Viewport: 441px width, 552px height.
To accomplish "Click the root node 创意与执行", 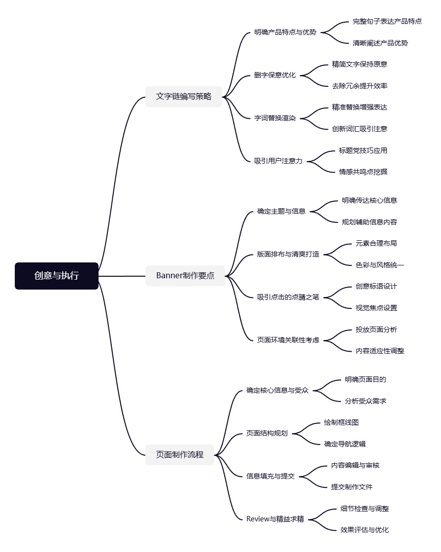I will tap(56, 276).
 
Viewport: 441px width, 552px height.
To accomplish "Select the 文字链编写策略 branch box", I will tap(183, 97).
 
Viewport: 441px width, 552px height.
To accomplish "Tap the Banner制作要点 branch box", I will tap(185, 276).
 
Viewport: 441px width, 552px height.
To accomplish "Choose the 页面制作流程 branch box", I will tap(180, 455).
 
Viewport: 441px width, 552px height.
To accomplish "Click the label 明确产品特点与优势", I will tap(285, 33).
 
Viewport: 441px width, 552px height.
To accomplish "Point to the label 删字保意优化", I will tap(275, 75).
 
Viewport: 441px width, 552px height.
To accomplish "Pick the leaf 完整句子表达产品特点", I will tap(387, 22).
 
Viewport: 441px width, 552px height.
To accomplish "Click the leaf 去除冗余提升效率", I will tap(360, 86).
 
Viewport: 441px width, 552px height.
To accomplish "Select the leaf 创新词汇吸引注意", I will tap(360, 129).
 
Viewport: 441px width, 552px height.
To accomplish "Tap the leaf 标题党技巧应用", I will tap(363, 150).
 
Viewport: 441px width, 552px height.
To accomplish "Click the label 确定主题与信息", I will tap(281, 212).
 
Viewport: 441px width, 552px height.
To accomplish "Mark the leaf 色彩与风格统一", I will tap(380, 265).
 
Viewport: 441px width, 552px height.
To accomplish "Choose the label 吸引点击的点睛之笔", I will tap(288, 297).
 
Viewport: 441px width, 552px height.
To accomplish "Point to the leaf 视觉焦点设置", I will tap(376, 308).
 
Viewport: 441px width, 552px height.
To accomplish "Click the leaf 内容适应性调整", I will tap(380, 351).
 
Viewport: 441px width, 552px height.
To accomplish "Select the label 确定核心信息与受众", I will tap(277, 391).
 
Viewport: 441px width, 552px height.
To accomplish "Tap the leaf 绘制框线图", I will tap(345, 423).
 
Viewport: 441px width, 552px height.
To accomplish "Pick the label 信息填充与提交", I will tap(271, 477).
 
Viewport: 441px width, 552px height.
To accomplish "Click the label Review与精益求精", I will tap(275, 519).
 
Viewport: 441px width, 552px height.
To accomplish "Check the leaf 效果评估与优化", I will tap(365, 530).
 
